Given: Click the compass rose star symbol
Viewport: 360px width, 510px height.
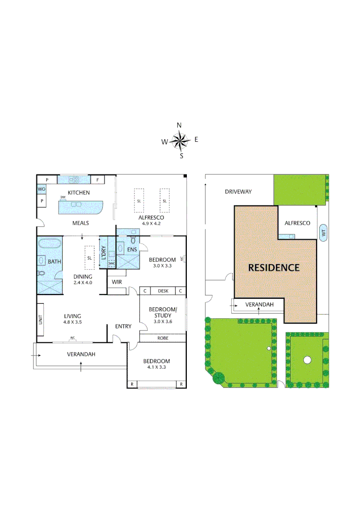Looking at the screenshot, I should coord(179,140).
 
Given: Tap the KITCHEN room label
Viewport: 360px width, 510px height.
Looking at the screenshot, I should coord(79,193).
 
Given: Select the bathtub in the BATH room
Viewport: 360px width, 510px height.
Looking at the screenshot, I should coord(50,245).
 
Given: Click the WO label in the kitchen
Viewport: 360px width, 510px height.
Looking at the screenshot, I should coord(42,189).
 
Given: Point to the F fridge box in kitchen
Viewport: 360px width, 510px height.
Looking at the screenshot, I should coord(98,180).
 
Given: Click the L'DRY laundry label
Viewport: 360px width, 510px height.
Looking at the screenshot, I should coord(103,254).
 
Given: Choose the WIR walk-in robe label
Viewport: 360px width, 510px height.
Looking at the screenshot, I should coord(117,282).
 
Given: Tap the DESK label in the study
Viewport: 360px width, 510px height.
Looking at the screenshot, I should coord(163,291).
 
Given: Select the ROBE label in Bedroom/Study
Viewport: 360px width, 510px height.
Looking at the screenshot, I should coord(163,338).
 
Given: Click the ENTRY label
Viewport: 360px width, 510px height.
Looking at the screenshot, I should coord(123,326).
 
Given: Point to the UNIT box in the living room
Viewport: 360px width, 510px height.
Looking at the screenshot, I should coord(41,320).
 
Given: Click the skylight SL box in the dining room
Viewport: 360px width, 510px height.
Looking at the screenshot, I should coord(89,258).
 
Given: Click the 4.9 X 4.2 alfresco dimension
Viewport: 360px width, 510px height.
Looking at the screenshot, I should coord(151,224).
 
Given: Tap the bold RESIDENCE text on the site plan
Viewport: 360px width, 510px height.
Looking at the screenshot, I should coord(274,268).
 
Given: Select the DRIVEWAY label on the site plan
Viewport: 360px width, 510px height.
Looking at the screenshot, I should coord(238,192).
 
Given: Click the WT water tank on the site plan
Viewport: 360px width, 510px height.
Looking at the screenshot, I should coord(323,232).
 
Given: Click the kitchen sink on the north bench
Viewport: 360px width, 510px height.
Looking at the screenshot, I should coord(75,179).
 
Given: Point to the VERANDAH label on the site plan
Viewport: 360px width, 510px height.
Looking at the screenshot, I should coord(260,305).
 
